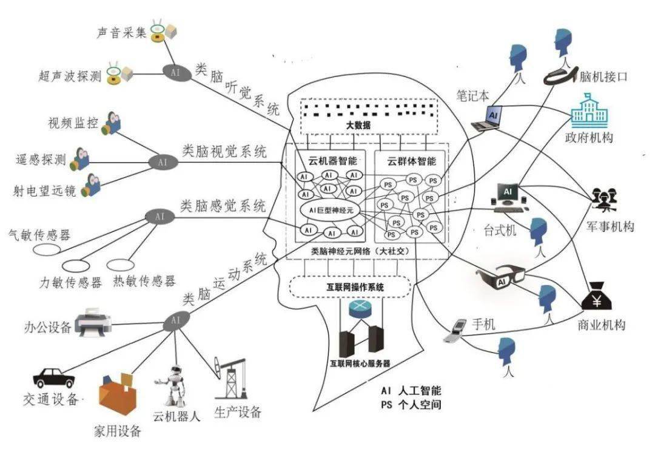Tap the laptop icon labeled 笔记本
[x=488, y=118]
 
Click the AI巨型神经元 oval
[x=331, y=210]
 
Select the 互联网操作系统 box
[x=351, y=287]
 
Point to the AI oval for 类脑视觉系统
[x=162, y=162]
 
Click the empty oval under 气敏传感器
[x=47, y=249]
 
